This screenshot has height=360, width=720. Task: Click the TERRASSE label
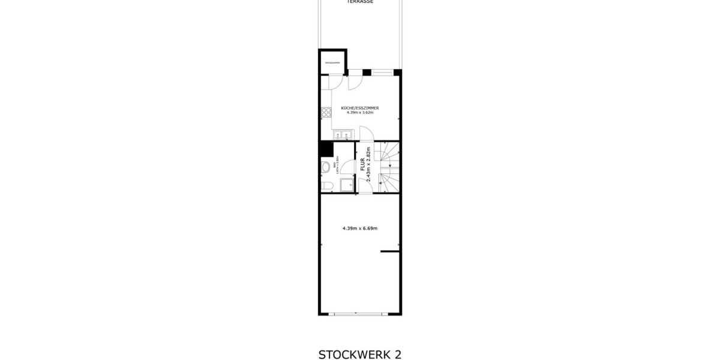(x=360, y=2)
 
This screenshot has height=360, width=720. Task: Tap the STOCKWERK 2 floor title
(x=360, y=354)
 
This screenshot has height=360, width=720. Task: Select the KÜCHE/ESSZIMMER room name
(x=360, y=108)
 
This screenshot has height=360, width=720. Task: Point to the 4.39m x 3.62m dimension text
(x=360, y=112)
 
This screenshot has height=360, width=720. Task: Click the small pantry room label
(x=332, y=62)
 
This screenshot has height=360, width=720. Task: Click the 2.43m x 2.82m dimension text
(x=369, y=164)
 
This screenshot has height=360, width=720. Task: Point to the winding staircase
(x=388, y=167)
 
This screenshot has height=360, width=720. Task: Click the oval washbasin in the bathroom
(x=325, y=167)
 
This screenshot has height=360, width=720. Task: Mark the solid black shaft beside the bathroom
(x=326, y=148)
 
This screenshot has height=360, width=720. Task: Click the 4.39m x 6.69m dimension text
(x=360, y=228)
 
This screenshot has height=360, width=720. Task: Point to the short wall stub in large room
(x=390, y=252)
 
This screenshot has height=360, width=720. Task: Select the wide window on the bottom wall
(x=357, y=314)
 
